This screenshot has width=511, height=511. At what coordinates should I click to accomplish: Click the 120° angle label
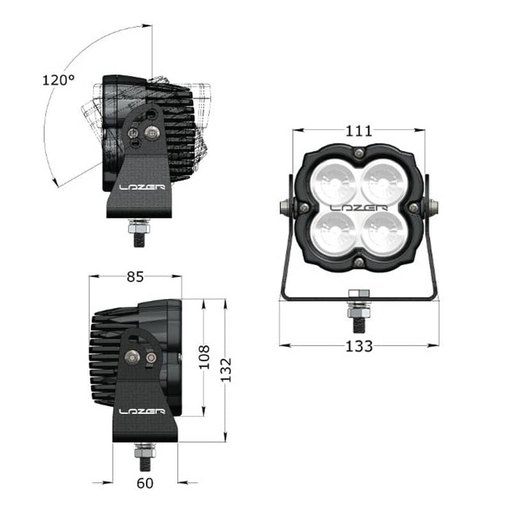point(59,80)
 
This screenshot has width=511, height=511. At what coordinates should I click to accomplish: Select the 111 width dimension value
point(359,131)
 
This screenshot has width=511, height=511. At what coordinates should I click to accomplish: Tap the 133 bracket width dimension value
point(359,346)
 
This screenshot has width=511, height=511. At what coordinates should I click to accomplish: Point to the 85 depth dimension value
point(135,277)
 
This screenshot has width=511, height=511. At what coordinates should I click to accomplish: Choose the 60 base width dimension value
point(145,484)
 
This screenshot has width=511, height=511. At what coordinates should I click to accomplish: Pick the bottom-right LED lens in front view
point(383,232)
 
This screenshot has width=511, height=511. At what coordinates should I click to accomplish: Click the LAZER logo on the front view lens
point(359,208)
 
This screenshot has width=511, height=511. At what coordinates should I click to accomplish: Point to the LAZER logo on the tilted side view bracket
point(142,188)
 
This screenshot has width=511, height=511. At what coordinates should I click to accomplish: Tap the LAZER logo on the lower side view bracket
point(142,411)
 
